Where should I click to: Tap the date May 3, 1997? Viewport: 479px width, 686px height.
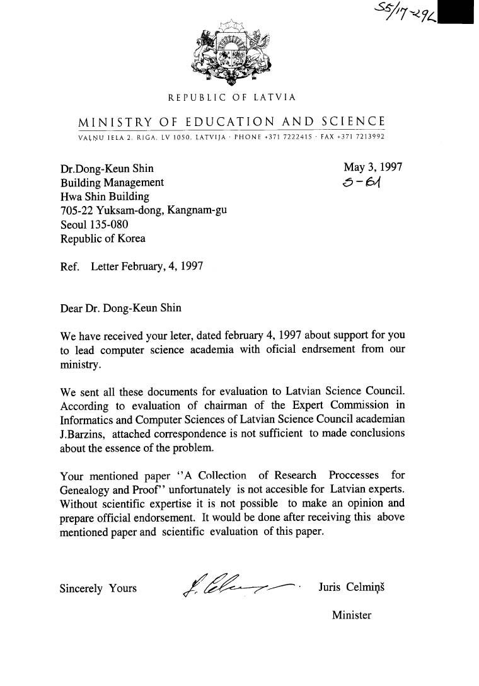tap(372, 167)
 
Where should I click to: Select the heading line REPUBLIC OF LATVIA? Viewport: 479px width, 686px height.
tap(231, 98)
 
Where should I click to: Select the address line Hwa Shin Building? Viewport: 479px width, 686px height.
tap(105, 197)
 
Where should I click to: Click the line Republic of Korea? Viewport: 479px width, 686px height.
tap(103, 239)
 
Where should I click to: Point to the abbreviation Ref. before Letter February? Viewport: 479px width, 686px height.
tap(69, 266)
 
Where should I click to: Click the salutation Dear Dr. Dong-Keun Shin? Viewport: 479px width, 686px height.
tap(120, 309)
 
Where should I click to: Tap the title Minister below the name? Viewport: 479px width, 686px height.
tap(352, 615)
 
